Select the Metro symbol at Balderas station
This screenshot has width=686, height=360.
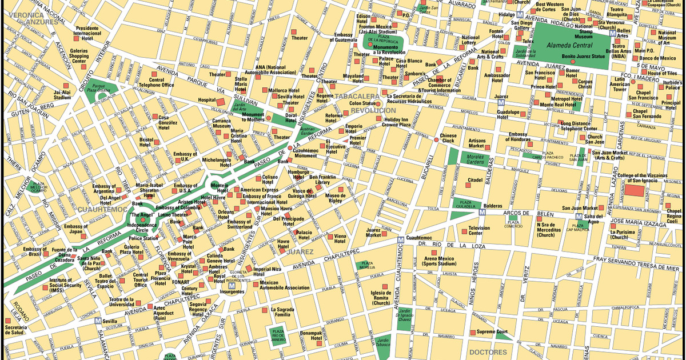tap(482, 212)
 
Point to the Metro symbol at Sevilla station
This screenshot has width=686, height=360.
tap(98, 321)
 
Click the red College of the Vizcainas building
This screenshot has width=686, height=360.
tap(633, 191)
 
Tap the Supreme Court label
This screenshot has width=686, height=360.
tap(493, 331)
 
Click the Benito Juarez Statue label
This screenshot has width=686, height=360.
tap(583, 57)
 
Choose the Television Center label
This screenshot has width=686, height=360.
tap(479, 230)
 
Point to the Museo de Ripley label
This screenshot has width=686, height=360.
tap(335, 199)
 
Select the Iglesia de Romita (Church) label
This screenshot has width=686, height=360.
tap(381, 297)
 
